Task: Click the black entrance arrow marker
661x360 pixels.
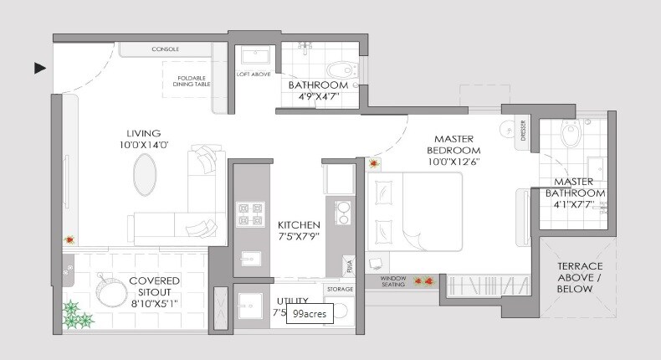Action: [39, 68]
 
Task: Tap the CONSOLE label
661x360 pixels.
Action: [165, 49]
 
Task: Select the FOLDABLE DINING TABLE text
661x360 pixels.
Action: [191, 80]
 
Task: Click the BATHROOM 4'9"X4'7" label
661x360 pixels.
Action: [318, 91]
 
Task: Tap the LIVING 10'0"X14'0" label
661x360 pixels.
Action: [143, 139]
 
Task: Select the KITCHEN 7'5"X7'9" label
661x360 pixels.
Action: [299, 231]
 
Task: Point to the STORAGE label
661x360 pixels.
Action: [341, 289]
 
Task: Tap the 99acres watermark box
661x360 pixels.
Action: [310, 315]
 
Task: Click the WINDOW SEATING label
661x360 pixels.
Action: [393, 281]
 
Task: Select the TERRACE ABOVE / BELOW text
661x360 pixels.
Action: [575, 277]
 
